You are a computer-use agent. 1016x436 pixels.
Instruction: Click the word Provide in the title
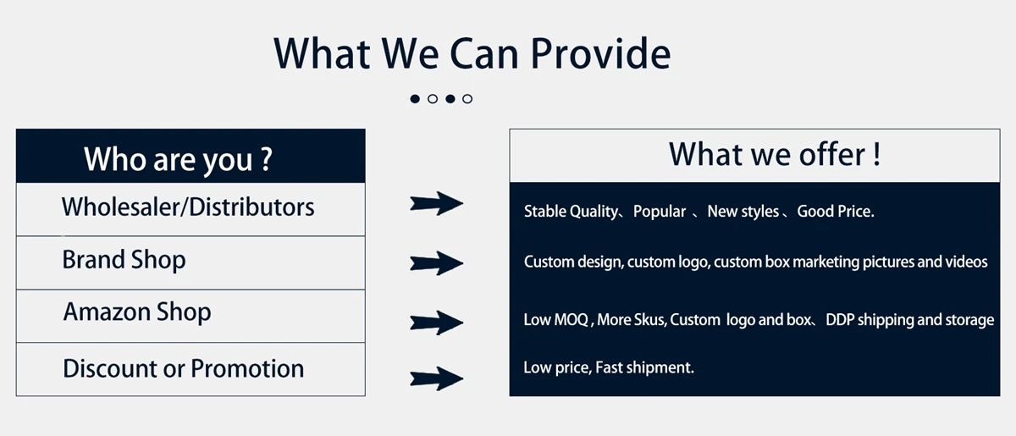click(600, 53)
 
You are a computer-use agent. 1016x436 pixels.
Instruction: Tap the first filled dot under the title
click(415, 99)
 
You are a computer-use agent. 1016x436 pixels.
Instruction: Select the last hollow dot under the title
click(467, 99)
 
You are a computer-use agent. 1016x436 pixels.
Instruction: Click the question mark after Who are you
click(267, 159)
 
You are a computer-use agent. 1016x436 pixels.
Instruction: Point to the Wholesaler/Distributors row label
click(188, 207)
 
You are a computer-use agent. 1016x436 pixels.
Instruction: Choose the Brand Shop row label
click(124, 261)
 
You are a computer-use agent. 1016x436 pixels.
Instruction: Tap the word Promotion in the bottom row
click(247, 368)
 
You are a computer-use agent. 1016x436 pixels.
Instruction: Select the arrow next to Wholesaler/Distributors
click(436, 203)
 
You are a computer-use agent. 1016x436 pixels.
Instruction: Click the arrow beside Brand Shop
click(436, 262)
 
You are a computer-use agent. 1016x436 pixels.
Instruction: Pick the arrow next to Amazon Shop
click(436, 323)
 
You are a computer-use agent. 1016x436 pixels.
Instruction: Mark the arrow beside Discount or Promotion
click(436, 378)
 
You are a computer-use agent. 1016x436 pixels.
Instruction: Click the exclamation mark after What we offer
click(877, 154)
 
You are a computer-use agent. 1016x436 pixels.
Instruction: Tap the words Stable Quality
click(571, 212)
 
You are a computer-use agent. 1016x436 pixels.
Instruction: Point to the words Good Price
click(836, 212)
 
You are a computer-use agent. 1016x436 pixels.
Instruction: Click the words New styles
click(743, 212)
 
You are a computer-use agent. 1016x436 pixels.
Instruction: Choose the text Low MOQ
click(556, 320)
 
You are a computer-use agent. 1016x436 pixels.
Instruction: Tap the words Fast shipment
click(644, 367)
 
